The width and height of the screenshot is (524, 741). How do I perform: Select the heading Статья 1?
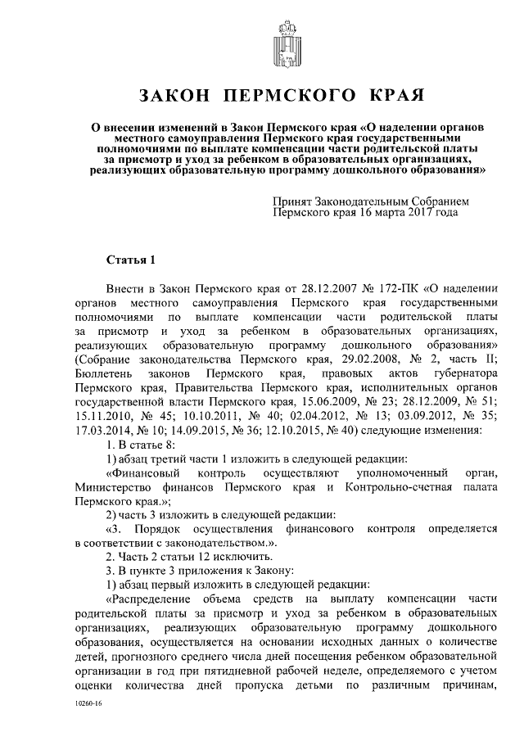130,260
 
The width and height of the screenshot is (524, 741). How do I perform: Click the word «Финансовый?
147,473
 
